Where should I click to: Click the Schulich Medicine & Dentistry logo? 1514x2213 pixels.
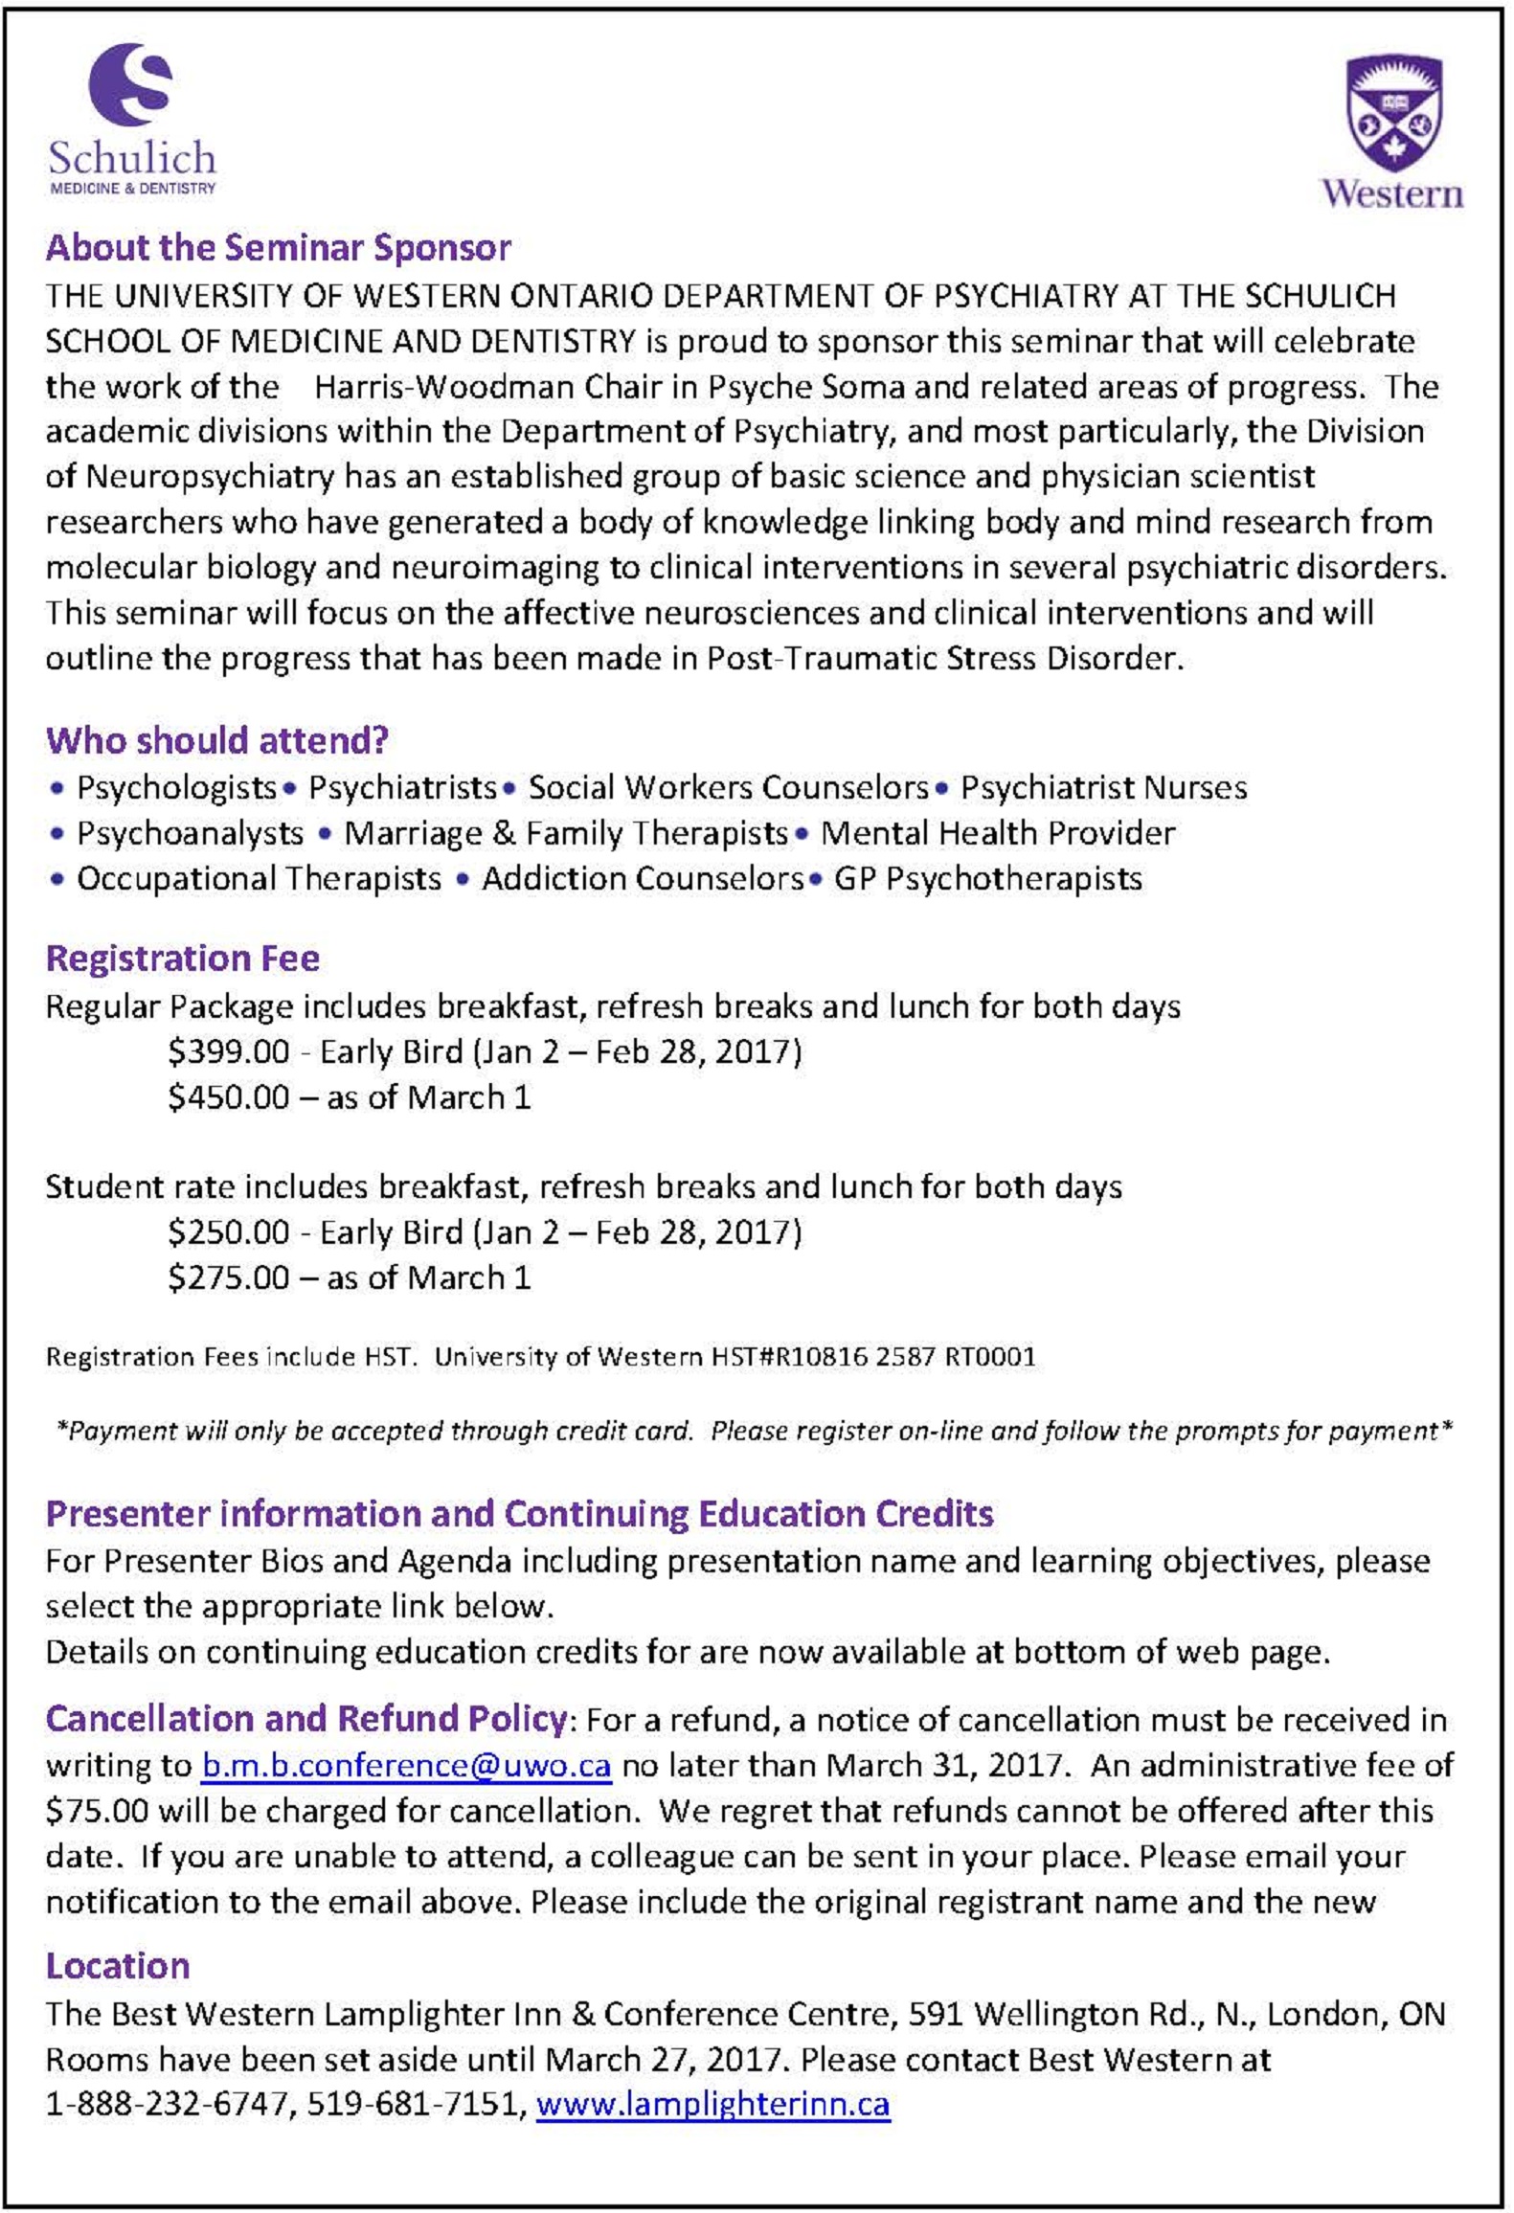click(x=132, y=120)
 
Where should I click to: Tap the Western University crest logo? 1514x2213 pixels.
click(x=1392, y=131)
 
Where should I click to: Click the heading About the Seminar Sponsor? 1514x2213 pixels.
click(x=278, y=248)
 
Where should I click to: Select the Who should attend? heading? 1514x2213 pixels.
click(x=216, y=740)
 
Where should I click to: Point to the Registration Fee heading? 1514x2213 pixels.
click(x=182, y=959)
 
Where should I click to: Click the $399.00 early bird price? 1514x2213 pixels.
click(x=228, y=1051)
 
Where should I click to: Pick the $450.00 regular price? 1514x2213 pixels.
click(x=228, y=1096)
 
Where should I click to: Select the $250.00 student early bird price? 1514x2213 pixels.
click(x=228, y=1231)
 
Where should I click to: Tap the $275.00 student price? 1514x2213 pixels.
click(x=228, y=1277)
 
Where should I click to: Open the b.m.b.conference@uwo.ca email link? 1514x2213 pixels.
click(x=406, y=1765)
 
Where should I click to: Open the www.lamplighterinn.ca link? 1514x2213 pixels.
click(x=712, y=2104)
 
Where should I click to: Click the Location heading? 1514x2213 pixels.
click(x=118, y=1966)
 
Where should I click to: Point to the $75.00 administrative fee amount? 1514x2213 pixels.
click(x=97, y=1811)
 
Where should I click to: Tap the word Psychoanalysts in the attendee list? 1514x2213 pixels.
click(x=190, y=833)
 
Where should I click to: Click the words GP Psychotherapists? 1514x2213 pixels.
click(x=987, y=878)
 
